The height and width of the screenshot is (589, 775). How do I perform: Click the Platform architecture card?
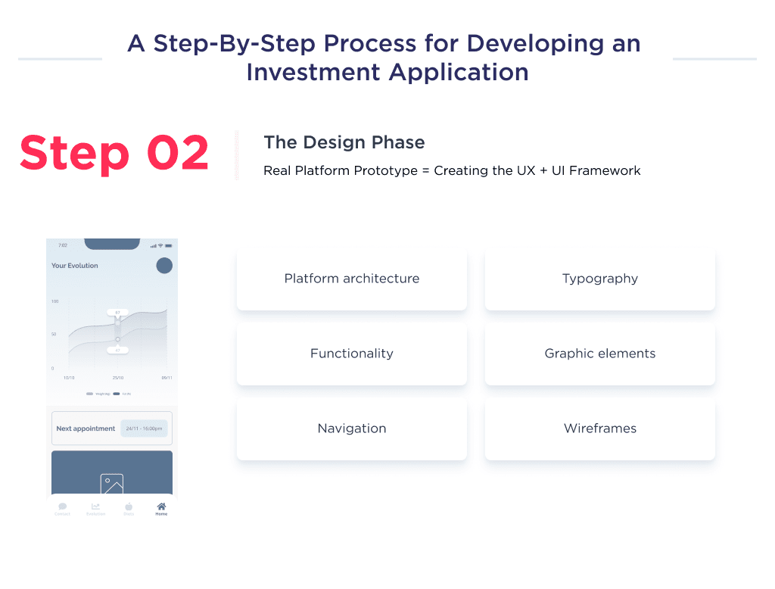pyautogui.click(x=351, y=279)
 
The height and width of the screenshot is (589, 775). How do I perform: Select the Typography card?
pyautogui.click(x=599, y=279)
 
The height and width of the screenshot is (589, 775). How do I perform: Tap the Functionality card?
pyautogui.click(x=351, y=354)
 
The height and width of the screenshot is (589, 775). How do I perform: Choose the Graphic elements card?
pyautogui.click(x=599, y=354)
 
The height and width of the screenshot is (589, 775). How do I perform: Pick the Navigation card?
pyautogui.click(x=351, y=429)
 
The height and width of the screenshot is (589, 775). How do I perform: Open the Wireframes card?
pyautogui.click(x=599, y=429)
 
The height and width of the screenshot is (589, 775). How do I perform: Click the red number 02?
pyautogui.click(x=178, y=153)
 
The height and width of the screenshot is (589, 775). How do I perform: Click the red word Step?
pyautogui.click(x=74, y=153)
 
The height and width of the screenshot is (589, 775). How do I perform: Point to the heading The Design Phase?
pyautogui.click(x=344, y=142)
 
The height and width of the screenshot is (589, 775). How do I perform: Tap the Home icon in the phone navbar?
pyautogui.click(x=161, y=507)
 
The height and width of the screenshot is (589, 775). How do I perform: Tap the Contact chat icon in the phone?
pyautogui.click(x=62, y=507)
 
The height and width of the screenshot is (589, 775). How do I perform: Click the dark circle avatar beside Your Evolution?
pyautogui.click(x=164, y=266)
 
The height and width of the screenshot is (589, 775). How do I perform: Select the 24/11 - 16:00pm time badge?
pyautogui.click(x=144, y=429)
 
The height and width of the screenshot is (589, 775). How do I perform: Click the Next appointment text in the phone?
pyautogui.click(x=86, y=429)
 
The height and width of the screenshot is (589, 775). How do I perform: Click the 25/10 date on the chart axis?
pyautogui.click(x=118, y=378)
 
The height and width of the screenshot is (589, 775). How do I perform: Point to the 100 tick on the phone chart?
pyautogui.click(x=54, y=301)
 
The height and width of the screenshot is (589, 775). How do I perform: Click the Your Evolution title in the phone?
pyautogui.click(x=74, y=266)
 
